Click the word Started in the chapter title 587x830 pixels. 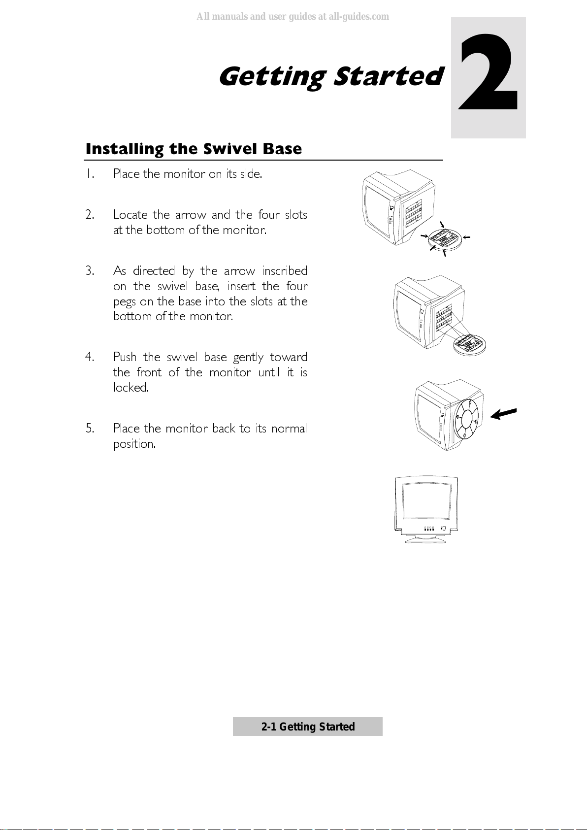coord(388,77)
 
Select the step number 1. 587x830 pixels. coord(89,174)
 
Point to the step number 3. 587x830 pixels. coord(90,271)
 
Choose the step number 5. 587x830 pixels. coord(90,429)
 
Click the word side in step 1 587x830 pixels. coord(250,174)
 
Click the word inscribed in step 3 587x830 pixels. coord(284,271)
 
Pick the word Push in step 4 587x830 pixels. coord(125,357)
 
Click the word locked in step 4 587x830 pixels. coord(130,388)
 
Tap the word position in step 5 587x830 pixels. coord(134,444)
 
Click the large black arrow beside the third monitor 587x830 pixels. coord(504,414)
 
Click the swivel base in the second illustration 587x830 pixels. coord(469,344)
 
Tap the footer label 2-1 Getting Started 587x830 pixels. coord(308,727)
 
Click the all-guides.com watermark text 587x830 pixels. coord(293,17)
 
